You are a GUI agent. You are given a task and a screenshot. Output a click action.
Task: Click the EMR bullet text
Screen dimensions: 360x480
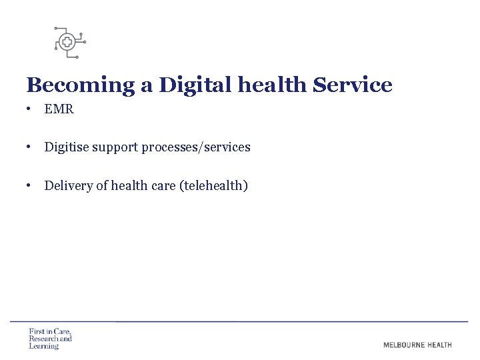(x=59, y=109)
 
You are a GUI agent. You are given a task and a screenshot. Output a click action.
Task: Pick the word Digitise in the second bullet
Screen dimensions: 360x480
(x=65, y=147)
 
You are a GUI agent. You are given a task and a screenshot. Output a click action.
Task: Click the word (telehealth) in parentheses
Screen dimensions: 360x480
(x=214, y=185)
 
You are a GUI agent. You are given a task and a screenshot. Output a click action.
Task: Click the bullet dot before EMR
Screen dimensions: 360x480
(x=31, y=109)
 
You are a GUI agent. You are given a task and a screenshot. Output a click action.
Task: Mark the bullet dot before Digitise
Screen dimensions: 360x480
(x=31, y=147)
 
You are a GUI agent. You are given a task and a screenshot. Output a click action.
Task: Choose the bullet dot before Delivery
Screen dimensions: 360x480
(x=31, y=185)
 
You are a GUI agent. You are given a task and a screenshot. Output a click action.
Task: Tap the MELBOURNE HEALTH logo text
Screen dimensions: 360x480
(x=417, y=345)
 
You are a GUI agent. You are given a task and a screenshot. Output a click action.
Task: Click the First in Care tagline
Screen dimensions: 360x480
(x=50, y=331)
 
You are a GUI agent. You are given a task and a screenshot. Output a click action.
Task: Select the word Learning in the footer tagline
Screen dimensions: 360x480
(x=44, y=346)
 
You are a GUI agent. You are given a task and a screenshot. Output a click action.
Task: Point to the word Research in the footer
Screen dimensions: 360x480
(x=43, y=339)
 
